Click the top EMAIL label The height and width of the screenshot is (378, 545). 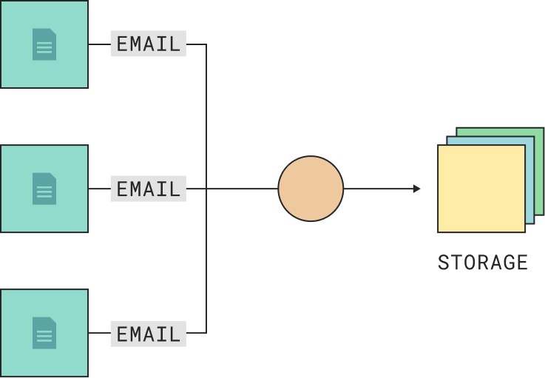148,44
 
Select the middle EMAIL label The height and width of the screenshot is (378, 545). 148,189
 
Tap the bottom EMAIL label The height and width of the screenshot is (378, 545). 148,334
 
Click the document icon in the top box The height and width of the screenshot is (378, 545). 44,44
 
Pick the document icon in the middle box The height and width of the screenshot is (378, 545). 44,189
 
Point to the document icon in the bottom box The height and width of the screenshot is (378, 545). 44,333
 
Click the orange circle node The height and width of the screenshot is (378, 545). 311,189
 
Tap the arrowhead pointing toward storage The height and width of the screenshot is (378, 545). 417,189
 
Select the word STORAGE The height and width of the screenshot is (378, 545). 482,263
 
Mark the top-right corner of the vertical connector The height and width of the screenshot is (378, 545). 206,44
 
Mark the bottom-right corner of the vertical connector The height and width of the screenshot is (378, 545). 206,333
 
